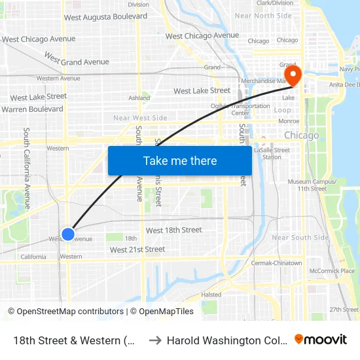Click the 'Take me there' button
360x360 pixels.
click(x=180, y=161)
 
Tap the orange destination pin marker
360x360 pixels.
click(x=291, y=75)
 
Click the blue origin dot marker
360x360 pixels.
click(x=68, y=234)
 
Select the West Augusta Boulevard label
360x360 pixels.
click(x=105, y=16)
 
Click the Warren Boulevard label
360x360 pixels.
click(x=32, y=109)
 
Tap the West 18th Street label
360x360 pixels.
click(x=173, y=230)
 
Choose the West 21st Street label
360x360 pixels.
click(x=137, y=249)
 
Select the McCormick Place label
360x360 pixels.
click(x=332, y=270)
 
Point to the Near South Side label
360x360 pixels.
click(x=300, y=238)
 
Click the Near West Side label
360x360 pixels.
click(x=140, y=118)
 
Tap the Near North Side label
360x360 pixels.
click(x=262, y=16)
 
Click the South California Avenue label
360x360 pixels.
click(x=27, y=168)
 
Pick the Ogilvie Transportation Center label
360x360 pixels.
click(x=249, y=109)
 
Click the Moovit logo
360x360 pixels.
click(x=320, y=339)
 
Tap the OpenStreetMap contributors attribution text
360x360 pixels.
click(x=65, y=312)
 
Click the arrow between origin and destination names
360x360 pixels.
click(x=154, y=340)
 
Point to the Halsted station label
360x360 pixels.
click(x=211, y=295)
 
